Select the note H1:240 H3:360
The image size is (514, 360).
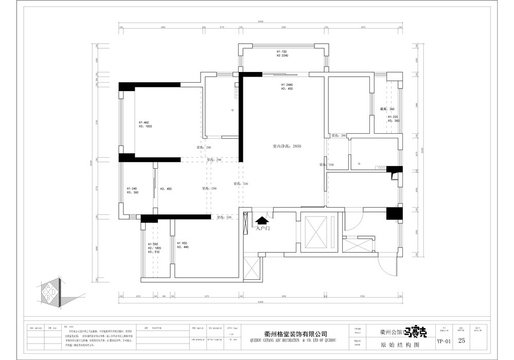[x=132, y=190]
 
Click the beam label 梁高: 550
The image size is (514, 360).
[x=224, y=218]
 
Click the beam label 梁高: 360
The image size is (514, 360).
[x=387, y=109]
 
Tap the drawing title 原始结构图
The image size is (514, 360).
[x=393, y=341]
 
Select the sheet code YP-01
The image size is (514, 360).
[x=443, y=341]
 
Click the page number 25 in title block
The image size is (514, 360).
[x=462, y=340]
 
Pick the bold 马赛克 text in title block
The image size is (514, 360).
[x=413, y=332]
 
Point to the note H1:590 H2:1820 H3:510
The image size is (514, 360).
[x=153, y=248]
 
